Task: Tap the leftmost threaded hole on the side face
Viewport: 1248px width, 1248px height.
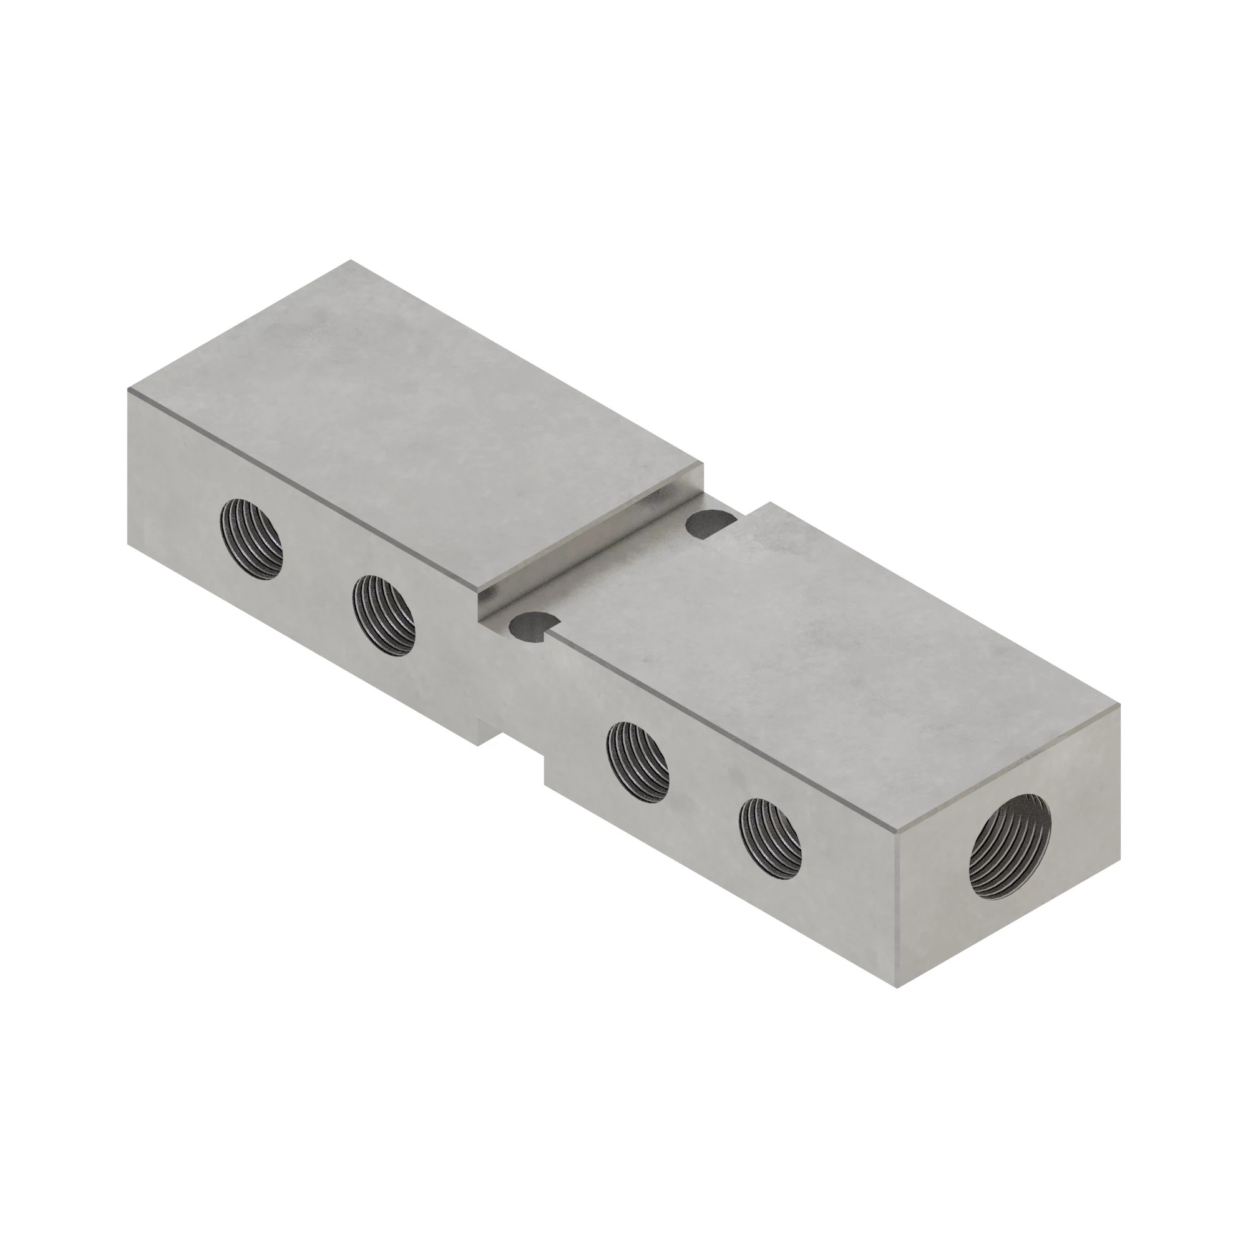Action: pyautogui.click(x=251, y=539)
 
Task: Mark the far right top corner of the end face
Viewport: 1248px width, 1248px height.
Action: pyautogui.click(x=1119, y=706)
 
